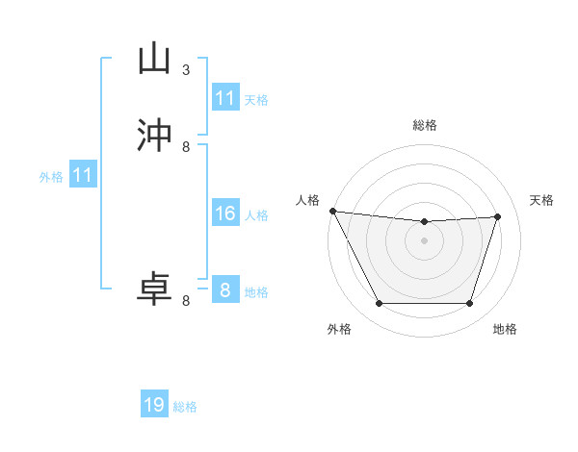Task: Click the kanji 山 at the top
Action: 154,59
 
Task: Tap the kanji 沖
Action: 154,135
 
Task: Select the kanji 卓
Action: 154,289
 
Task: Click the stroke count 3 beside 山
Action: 186,70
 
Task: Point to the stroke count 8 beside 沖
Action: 186,147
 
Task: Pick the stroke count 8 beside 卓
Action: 186,301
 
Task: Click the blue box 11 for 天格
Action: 224,98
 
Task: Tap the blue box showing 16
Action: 224,213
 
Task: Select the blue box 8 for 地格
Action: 224,289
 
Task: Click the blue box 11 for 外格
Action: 83,176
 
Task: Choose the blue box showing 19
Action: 154,405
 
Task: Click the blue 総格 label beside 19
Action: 185,407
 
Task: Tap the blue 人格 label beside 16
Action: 256,215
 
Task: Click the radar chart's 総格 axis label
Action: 424,125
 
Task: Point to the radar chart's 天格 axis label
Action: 541,200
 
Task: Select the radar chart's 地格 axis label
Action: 505,329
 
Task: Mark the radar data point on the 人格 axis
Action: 332,211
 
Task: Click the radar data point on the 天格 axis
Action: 498,216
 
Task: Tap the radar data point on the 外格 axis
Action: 379,304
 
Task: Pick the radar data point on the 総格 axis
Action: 424,222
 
